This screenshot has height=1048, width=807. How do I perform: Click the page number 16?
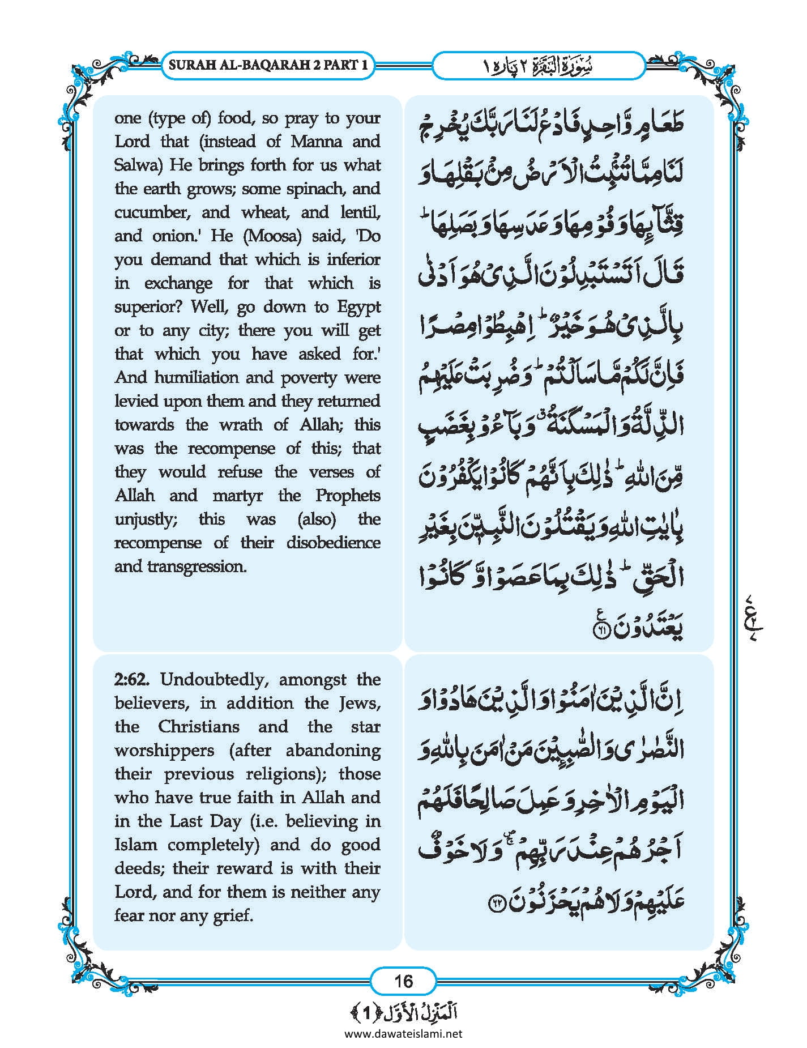coord(403,981)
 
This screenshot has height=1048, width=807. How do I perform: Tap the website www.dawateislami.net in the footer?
coord(403,1034)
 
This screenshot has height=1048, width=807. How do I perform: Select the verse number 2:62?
coord(134,679)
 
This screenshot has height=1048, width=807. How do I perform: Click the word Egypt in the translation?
coord(358,307)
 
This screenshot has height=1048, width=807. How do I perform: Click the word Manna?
coord(317,142)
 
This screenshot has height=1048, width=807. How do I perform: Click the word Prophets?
coord(348,496)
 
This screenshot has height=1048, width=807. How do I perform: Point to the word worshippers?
coord(164,751)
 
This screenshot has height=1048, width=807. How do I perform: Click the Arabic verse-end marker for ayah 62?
coord(497,902)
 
